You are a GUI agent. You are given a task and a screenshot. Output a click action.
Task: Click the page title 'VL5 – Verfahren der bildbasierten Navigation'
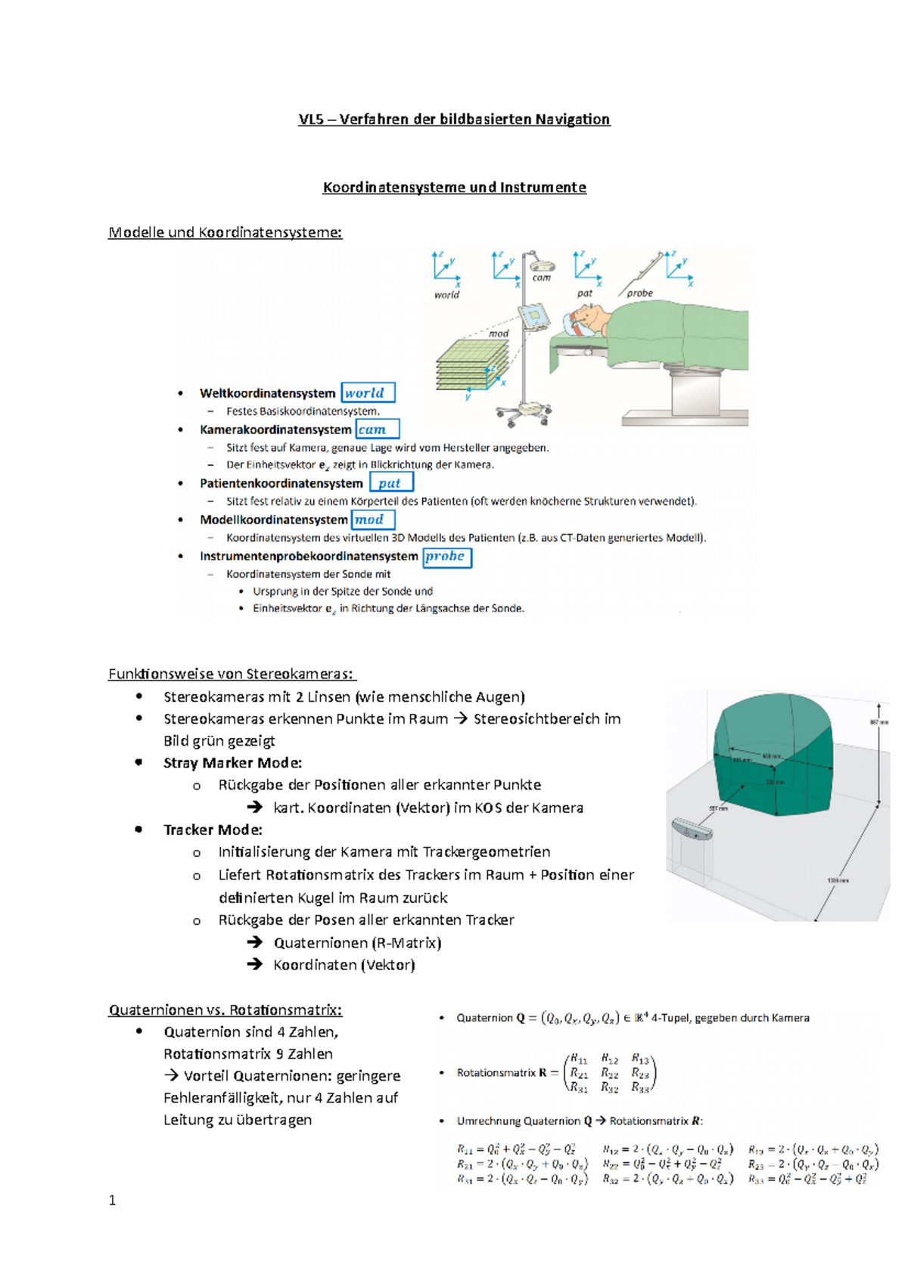click(454, 119)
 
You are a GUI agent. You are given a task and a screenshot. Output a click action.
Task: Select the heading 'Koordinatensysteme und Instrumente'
click(454, 188)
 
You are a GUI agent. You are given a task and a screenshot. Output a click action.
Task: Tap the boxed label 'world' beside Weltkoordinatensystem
click(368, 393)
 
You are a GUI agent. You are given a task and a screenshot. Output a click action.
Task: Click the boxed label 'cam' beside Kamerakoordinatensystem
click(377, 430)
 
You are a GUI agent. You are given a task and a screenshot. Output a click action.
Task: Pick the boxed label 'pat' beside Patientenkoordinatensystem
click(390, 483)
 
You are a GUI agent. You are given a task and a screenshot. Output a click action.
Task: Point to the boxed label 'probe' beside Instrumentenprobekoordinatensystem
click(446, 557)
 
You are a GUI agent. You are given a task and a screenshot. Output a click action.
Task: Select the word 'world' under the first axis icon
click(446, 295)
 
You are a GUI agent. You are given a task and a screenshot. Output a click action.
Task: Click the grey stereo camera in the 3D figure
click(692, 830)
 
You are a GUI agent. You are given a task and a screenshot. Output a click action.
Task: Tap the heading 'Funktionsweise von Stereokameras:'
click(232, 674)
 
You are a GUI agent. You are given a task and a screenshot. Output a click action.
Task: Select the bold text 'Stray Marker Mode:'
click(232, 763)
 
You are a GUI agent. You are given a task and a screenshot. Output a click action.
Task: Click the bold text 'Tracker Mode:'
click(213, 830)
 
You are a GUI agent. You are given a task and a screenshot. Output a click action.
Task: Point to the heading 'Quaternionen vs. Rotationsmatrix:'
click(225, 1010)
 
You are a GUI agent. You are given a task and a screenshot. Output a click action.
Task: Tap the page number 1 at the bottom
click(112, 1201)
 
